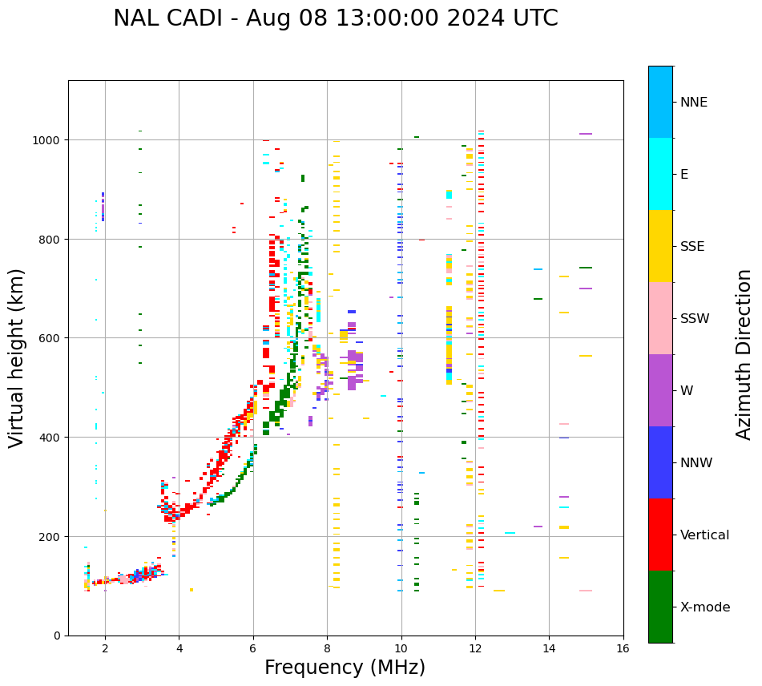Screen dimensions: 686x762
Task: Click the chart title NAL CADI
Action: click(335, 18)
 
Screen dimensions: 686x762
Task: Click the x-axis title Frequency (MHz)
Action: click(345, 668)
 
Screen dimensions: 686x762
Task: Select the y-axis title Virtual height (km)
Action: click(18, 357)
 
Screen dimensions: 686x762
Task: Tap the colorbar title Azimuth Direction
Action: click(744, 354)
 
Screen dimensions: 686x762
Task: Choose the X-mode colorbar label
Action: click(705, 607)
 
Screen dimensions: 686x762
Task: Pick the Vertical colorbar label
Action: click(705, 535)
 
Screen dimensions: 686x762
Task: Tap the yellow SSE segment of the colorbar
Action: click(660, 246)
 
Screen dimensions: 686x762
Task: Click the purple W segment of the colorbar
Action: click(660, 390)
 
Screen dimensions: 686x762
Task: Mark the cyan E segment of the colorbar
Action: click(660, 174)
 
